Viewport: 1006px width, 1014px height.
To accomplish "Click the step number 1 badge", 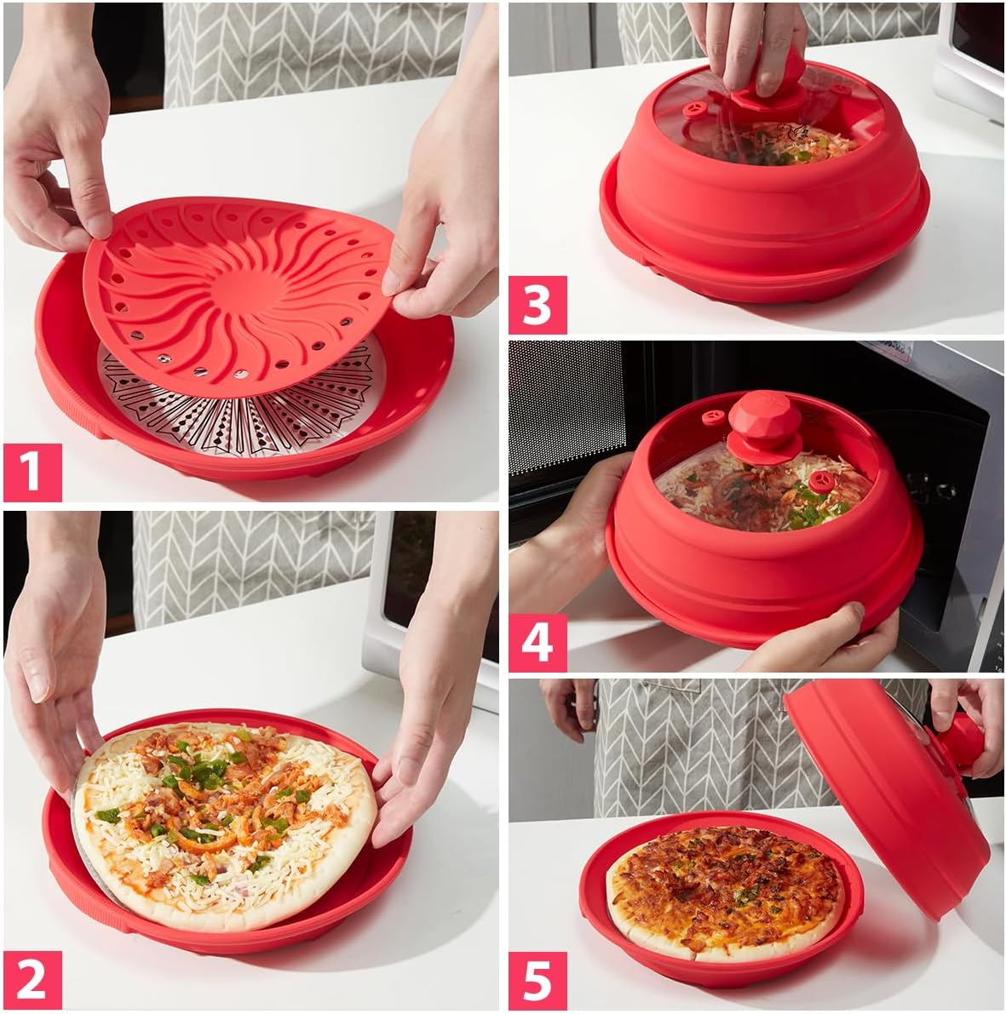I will tap(32, 472).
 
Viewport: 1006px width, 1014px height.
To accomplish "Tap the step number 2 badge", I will tap(32, 979).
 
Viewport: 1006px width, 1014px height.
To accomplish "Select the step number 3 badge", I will tap(537, 304).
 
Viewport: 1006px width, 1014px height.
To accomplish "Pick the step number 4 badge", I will tap(537, 642).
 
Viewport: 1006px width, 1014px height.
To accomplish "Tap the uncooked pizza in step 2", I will tap(226, 822).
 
